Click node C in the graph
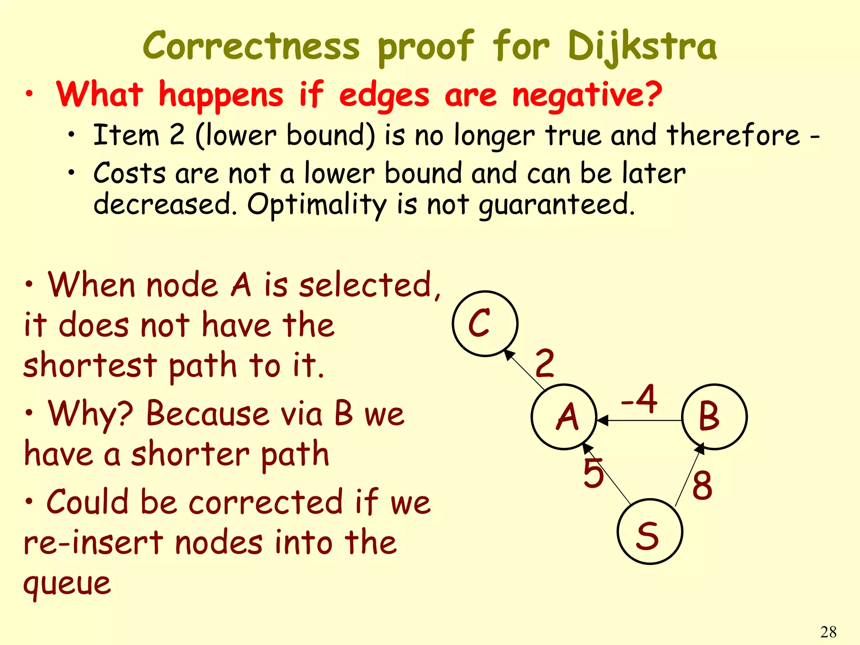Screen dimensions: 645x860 coord(485,323)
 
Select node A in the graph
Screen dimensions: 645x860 coord(564,417)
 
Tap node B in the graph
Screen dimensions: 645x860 coord(714,417)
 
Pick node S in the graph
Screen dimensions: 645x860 coord(650,532)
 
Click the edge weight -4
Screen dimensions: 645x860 coord(639,399)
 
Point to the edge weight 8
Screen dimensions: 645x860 coord(702,485)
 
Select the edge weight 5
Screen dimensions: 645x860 coord(593,474)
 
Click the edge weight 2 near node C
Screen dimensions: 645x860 coord(545,363)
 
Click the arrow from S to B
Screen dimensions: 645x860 coord(689,475)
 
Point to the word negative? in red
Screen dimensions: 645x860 coord(587,95)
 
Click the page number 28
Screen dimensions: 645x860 coord(828,632)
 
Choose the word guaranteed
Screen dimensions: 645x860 coord(556,205)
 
